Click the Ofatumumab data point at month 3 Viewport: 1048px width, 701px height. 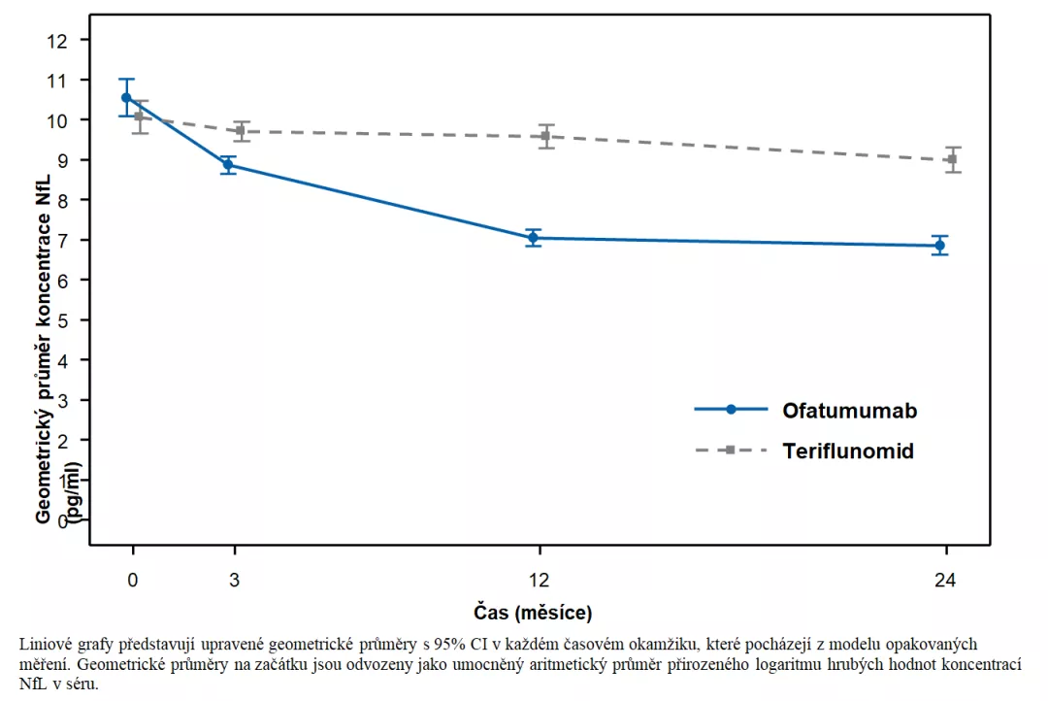228,165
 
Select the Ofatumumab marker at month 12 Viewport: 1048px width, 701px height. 533,238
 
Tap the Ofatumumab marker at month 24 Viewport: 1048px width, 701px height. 939,246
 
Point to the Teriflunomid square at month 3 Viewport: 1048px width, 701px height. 241,131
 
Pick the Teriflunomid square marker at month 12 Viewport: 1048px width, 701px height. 545,136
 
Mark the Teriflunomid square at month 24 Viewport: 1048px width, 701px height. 952,159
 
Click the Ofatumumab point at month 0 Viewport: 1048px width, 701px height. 126,97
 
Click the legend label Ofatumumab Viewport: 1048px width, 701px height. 849,410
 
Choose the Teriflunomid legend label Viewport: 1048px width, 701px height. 848,451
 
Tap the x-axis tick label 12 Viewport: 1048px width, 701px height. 539,581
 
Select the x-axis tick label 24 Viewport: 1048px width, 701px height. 945,581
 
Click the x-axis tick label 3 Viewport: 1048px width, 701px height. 234,581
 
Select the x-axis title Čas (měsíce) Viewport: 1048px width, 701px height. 533,613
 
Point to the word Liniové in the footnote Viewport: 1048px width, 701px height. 43,644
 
